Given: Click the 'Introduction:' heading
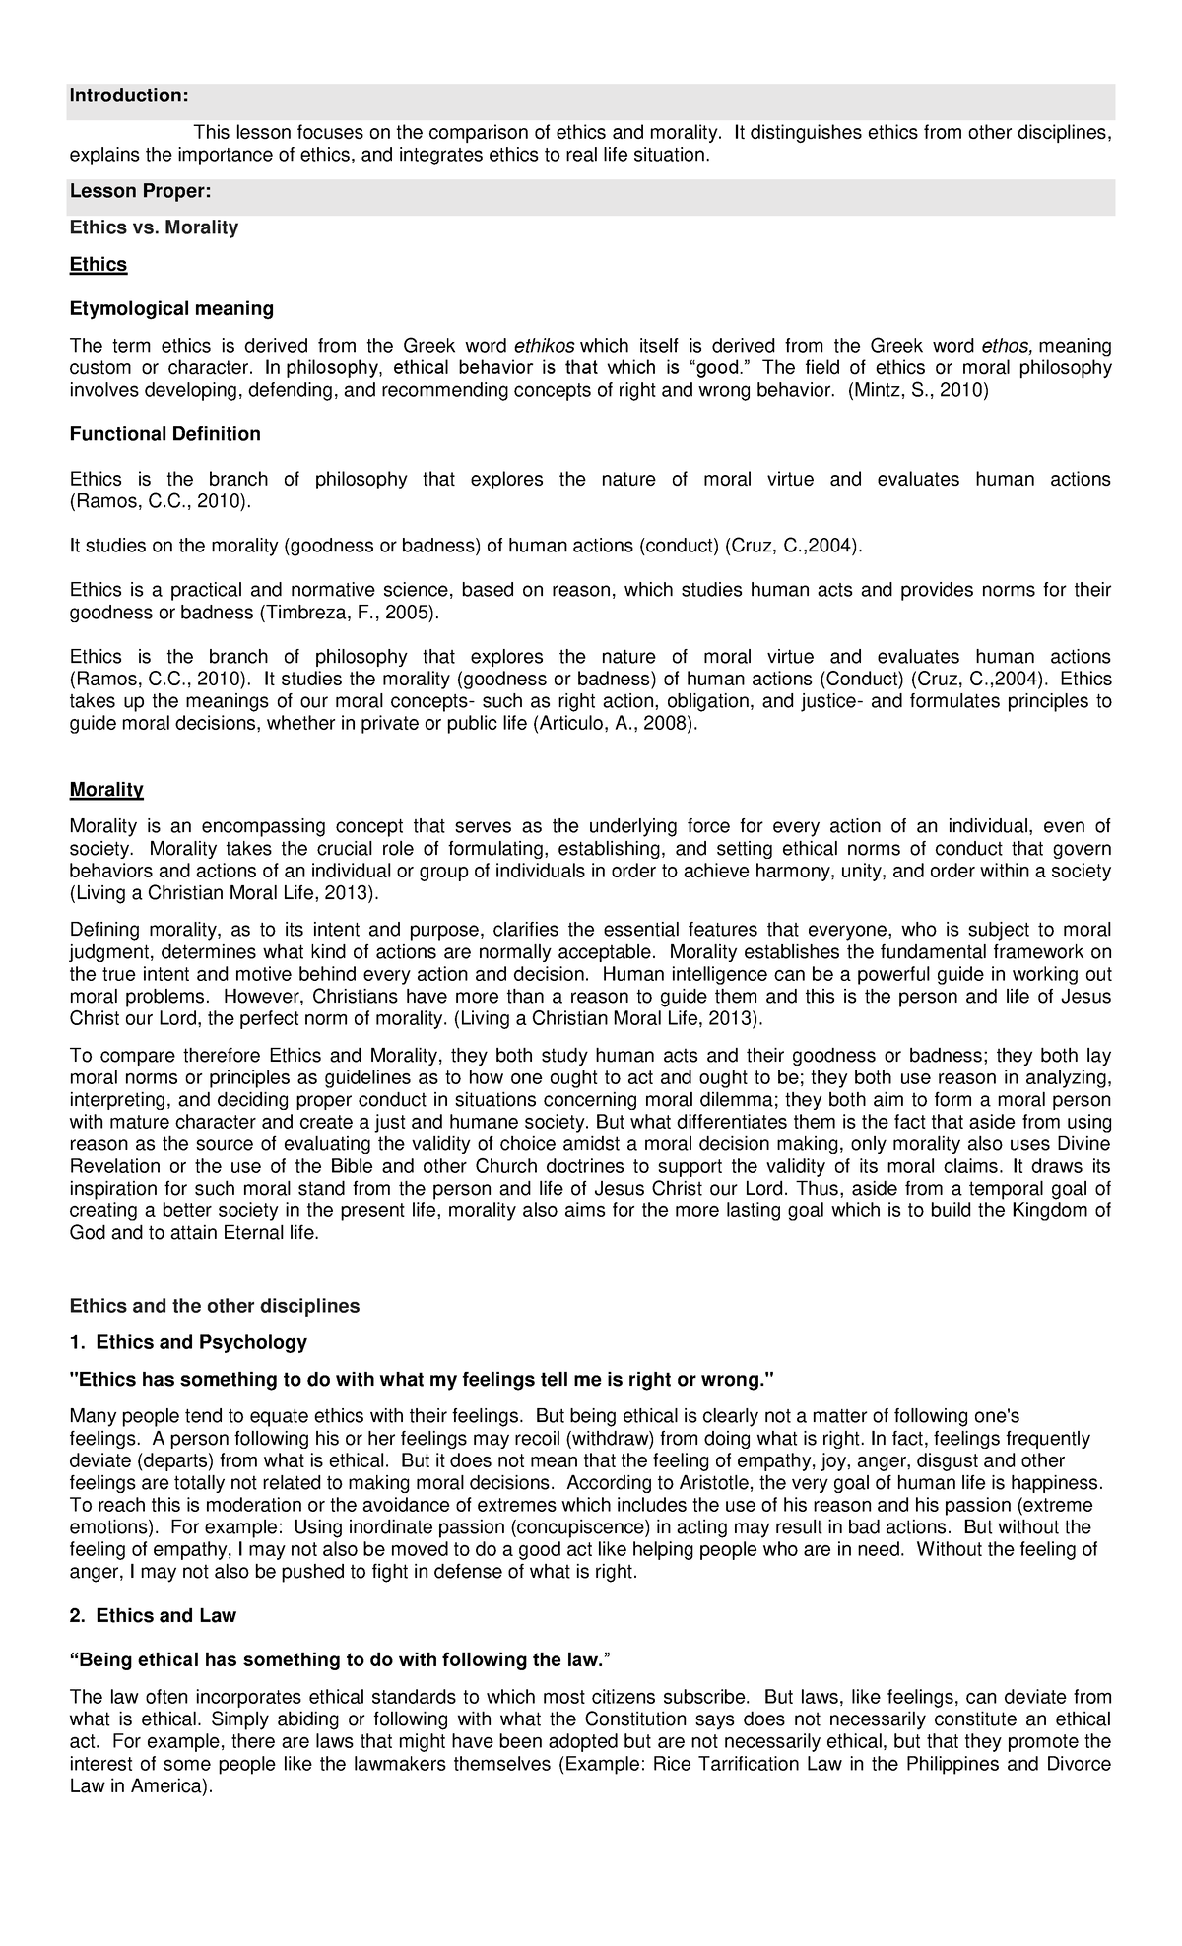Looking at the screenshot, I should (x=128, y=96).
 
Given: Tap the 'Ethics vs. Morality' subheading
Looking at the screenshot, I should (x=154, y=227).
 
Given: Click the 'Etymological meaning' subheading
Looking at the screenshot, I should (x=171, y=308).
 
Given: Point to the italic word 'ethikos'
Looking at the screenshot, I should (x=546, y=346).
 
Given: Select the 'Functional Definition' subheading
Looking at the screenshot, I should (x=165, y=434).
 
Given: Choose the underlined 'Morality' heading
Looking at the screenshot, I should (x=106, y=790).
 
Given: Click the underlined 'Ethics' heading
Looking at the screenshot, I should (x=98, y=264).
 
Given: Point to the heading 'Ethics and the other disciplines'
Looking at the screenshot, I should (x=215, y=1306).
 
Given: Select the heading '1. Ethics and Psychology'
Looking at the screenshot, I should (x=188, y=1341).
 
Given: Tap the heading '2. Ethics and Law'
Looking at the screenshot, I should (x=153, y=1616).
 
